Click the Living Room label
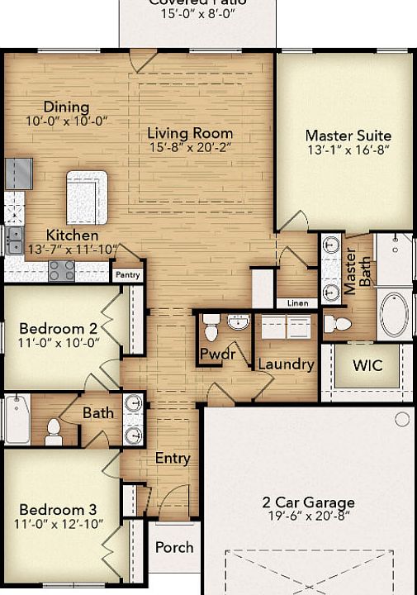coord(190,133)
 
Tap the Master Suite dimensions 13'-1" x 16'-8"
coord(348,150)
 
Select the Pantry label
coord(127,274)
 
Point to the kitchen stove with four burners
coord(61,269)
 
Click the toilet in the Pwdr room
coord(210,327)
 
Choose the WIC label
coord(367,365)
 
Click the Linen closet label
coord(297,303)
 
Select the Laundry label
coord(286,364)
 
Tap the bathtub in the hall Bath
coord(17,418)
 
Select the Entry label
coord(173,458)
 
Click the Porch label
coord(174,547)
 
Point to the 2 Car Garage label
coord(308,502)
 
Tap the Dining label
coord(66,107)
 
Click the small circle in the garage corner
coord(402,420)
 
